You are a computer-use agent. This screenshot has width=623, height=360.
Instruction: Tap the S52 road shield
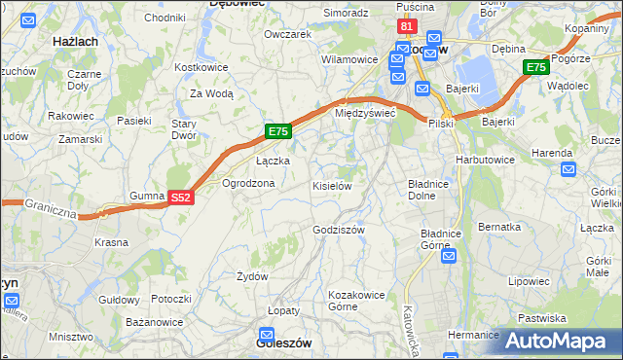tap(180, 197)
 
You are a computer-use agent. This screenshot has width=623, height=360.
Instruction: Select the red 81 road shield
tap(408, 26)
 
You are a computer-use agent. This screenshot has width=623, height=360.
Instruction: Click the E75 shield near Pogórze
tap(535, 66)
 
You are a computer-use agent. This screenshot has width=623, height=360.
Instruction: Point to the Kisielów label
tap(331, 185)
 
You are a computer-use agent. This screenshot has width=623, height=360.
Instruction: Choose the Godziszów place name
tap(339, 230)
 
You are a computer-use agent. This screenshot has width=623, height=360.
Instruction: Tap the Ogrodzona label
tap(248, 183)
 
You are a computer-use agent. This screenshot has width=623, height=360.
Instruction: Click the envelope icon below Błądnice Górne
tap(449, 256)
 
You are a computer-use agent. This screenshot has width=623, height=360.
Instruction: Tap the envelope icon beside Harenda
tap(569, 169)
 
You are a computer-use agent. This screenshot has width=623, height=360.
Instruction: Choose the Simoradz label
tap(347, 13)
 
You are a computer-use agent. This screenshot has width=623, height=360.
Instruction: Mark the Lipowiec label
tap(529, 280)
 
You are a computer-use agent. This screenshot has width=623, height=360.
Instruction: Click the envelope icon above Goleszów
tap(275, 328)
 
